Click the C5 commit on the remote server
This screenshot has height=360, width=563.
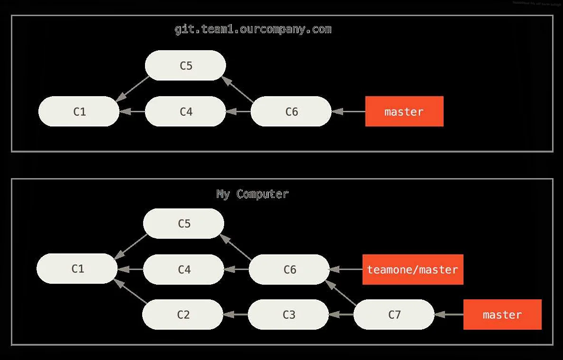tap(185, 65)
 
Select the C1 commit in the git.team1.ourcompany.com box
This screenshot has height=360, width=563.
tap(79, 112)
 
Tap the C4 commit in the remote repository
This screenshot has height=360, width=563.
tap(185, 112)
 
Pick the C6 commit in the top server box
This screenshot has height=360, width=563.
tap(291, 112)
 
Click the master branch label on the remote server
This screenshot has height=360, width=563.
tap(404, 112)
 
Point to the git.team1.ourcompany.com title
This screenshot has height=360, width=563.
tap(253, 29)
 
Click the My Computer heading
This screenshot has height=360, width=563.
tap(252, 194)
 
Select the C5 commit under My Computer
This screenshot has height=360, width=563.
tap(183, 224)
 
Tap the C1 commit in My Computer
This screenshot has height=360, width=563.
tap(77, 269)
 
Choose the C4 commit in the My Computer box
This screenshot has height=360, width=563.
tap(183, 270)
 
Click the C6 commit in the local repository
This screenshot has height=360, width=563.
tap(289, 270)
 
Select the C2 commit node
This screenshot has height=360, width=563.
tap(183, 315)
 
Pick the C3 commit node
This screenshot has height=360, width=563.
tap(288, 315)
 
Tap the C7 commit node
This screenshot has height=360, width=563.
tap(394, 315)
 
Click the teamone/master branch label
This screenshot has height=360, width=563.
tap(413, 270)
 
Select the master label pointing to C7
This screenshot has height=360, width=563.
tap(502, 315)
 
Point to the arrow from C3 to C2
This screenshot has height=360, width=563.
tap(236, 315)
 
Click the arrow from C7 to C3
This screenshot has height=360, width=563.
tap(341, 315)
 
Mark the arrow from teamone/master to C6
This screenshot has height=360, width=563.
tap(346, 270)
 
